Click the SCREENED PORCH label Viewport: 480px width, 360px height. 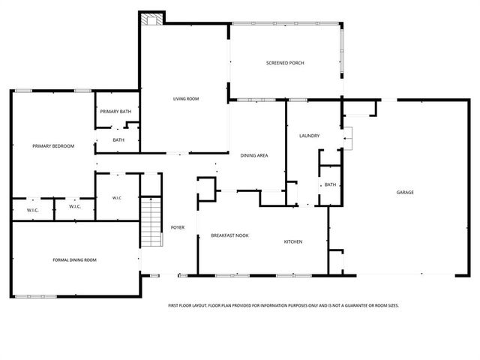(x=285, y=62)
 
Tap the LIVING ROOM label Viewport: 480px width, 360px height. (x=186, y=98)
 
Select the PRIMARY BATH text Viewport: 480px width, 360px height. (x=116, y=112)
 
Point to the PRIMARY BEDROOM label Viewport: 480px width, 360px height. (x=53, y=145)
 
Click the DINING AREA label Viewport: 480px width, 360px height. (x=254, y=155)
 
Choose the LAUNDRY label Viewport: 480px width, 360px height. (x=310, y=136)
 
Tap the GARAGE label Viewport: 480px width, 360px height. (x=405, y=192)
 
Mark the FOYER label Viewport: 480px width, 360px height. (x=178, y=227)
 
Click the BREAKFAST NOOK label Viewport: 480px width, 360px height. (x=229, y=235)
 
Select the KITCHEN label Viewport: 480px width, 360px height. (x=292, y=241)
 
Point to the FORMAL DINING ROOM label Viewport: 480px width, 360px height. (x=74, y=259)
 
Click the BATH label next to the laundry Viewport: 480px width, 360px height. (x=330, y=184)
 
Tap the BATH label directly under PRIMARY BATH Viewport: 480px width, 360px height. (x=118, y=139)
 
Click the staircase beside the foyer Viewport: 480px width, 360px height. (x=152, y=221)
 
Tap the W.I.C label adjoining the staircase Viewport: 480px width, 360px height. (x=117, y=198)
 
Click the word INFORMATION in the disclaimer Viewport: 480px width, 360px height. (x=274, y=306)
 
